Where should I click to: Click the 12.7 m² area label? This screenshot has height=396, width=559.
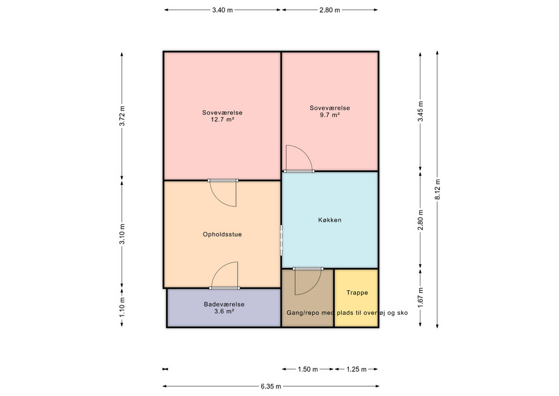pos(222,120)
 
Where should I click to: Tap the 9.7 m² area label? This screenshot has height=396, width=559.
pos(330,115)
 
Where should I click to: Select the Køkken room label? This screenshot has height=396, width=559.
pos(330,220)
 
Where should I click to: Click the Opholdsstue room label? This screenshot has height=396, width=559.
pos(222,234)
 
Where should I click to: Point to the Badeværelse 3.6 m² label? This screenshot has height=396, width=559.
pos(224,308)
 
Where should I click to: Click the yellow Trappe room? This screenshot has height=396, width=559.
pos(356,297)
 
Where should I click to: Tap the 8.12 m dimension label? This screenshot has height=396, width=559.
pos(437,188)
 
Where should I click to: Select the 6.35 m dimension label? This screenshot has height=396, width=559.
pos(271,386)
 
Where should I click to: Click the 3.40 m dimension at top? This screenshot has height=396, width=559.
pos(222,10)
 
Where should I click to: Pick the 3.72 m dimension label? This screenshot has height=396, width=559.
pos(122,115)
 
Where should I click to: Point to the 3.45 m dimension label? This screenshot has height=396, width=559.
pos(420,111)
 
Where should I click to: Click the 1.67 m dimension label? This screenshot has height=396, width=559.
pos(420,297)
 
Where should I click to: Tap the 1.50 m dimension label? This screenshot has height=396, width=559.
pos(307,369)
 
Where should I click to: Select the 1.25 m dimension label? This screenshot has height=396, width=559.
pos(356,369)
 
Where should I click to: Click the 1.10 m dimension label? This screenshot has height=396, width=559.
pos(122,307)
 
